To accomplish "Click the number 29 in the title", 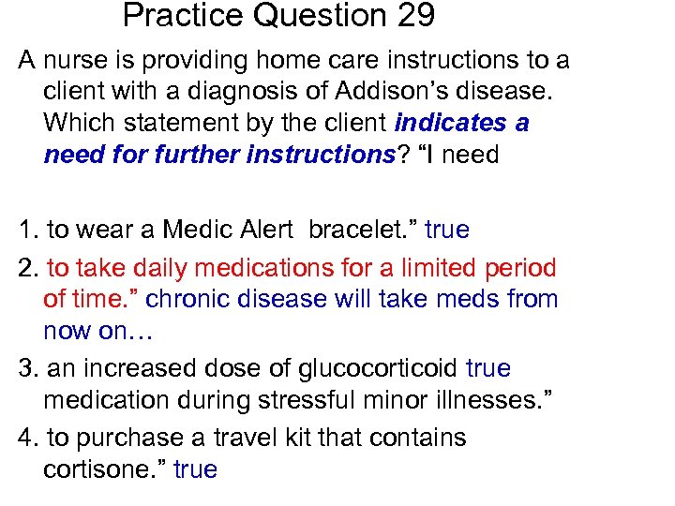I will click(x=413, y=16).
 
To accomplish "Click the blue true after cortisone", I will click(x=195, y=469).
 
